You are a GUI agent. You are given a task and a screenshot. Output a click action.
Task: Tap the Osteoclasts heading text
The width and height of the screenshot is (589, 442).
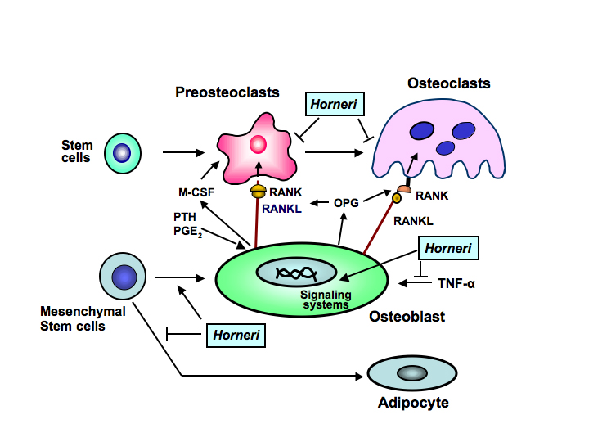448,83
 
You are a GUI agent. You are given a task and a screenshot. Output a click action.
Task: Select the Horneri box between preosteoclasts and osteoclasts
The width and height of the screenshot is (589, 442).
333,104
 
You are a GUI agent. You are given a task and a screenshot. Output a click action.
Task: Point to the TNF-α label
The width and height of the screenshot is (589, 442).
456,284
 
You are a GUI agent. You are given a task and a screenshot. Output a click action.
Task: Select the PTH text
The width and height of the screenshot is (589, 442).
184,217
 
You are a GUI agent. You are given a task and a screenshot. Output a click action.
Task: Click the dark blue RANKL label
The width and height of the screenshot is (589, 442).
283,208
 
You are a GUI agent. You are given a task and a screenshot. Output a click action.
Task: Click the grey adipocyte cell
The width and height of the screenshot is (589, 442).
412,373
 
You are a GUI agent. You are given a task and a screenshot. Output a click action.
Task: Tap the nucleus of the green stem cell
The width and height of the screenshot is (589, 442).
123,152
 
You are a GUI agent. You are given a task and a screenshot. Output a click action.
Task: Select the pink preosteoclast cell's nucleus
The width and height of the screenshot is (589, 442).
258,145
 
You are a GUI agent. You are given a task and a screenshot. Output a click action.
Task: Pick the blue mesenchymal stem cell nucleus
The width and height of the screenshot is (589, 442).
124,276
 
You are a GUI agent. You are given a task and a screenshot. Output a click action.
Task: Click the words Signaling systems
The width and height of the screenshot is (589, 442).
325,300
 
